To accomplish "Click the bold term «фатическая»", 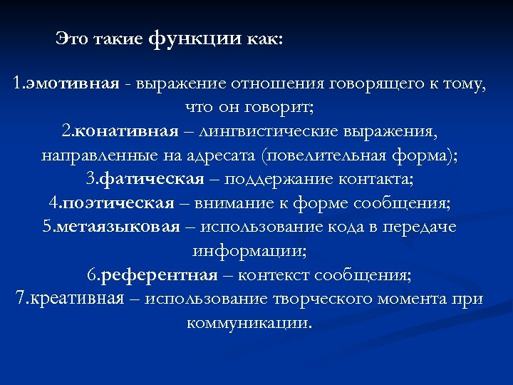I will coord(153,180).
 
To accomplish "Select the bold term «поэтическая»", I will coord(118,203).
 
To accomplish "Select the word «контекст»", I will coord(274,274).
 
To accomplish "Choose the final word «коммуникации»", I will coord(249,322).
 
